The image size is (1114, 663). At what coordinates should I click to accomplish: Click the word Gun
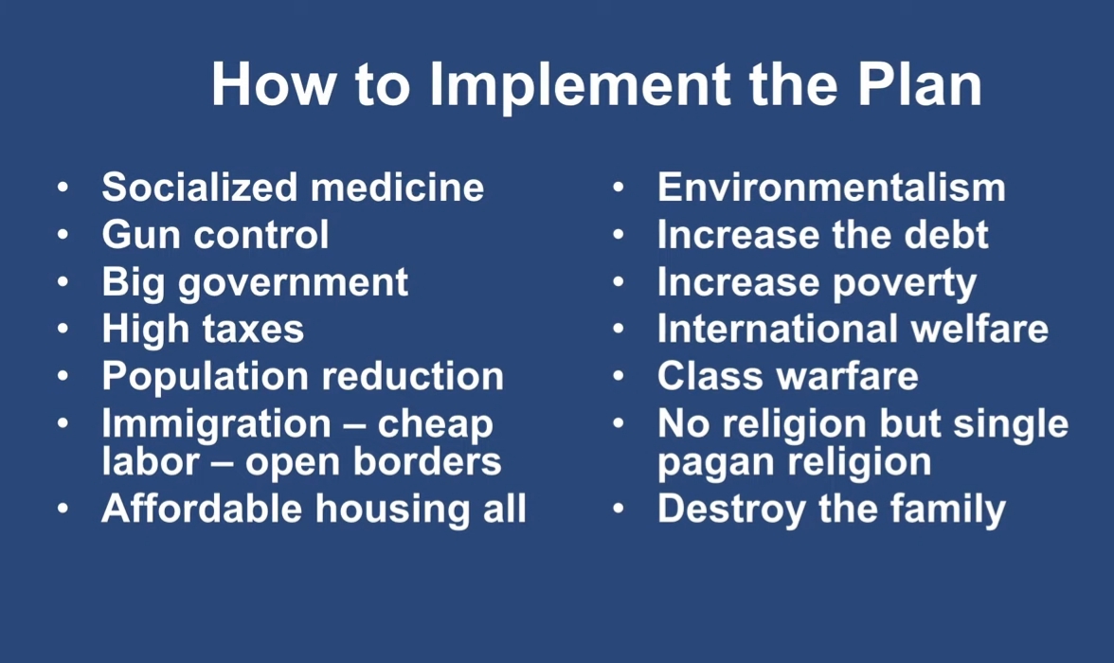coord(137,235)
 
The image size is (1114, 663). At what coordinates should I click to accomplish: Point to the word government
coord(293,283)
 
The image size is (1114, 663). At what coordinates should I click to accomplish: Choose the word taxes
coord(253,330)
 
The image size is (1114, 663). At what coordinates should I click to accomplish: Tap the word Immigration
coord(217,425)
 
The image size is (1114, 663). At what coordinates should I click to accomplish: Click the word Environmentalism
coord(832,187)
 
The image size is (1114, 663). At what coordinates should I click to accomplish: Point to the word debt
coord(945,235)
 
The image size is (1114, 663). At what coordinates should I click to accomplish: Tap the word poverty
coord(905,284)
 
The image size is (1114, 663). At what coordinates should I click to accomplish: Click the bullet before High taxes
coord(63,329)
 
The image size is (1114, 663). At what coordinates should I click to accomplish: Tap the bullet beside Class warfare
coord(618,376)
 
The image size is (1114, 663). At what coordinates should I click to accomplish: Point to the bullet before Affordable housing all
coord(63,509)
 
